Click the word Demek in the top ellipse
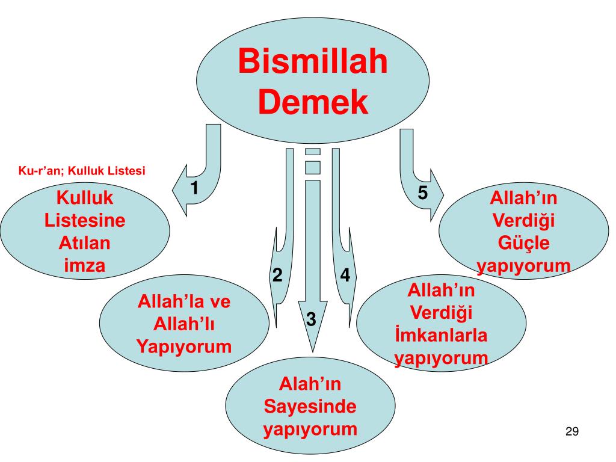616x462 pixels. [313, 102]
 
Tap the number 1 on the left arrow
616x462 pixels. [195, 188]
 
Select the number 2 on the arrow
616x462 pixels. [277, 275]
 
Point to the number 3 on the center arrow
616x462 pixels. [311, 319]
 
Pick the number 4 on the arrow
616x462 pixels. [345, 275]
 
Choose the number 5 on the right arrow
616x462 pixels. [423, 193]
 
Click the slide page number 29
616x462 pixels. [571, 431]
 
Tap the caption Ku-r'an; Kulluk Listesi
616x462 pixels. [82, 171]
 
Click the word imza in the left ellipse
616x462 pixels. [85, 265]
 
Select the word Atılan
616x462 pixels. [85, 243]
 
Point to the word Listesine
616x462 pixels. [85, 221]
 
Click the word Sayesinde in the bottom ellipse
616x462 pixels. [310, 407]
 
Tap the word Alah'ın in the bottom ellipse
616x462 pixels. [310, 384]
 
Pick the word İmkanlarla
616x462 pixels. [441, 335]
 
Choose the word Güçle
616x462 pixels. [523, 244]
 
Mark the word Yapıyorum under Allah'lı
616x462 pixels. [184, 346]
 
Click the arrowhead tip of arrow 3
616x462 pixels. [312, 351]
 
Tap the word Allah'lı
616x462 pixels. [184, 324]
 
